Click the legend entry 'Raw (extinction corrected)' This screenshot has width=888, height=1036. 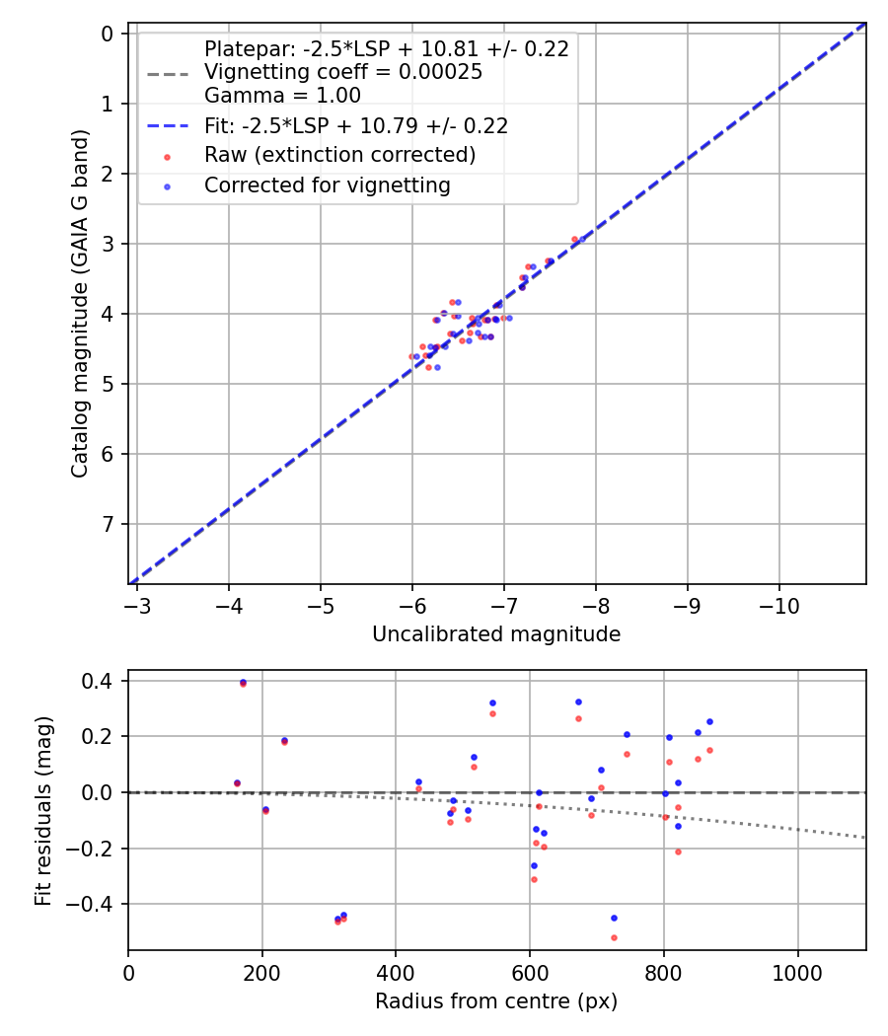point(339,155)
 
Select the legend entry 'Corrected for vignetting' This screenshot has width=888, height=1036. point(327,185)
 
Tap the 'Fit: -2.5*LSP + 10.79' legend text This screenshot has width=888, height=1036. point(355,125)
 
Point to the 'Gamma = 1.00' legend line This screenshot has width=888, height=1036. point(282,96)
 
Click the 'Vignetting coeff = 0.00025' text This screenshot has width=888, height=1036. point(342,72)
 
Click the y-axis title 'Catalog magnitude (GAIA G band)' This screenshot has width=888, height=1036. point(81,304)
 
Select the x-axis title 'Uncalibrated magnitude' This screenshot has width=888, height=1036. point(496,634)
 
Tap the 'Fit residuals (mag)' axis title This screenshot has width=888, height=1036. point(43,810)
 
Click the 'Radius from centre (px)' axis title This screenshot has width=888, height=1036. point(496,1001)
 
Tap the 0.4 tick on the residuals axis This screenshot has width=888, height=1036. point(103,681)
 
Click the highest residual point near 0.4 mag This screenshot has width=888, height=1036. point(243,682)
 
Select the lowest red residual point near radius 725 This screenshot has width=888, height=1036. point(614,937)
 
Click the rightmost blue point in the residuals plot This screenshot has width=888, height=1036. point(709,721)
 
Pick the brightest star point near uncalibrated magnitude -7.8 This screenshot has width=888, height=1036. point(581,239)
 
